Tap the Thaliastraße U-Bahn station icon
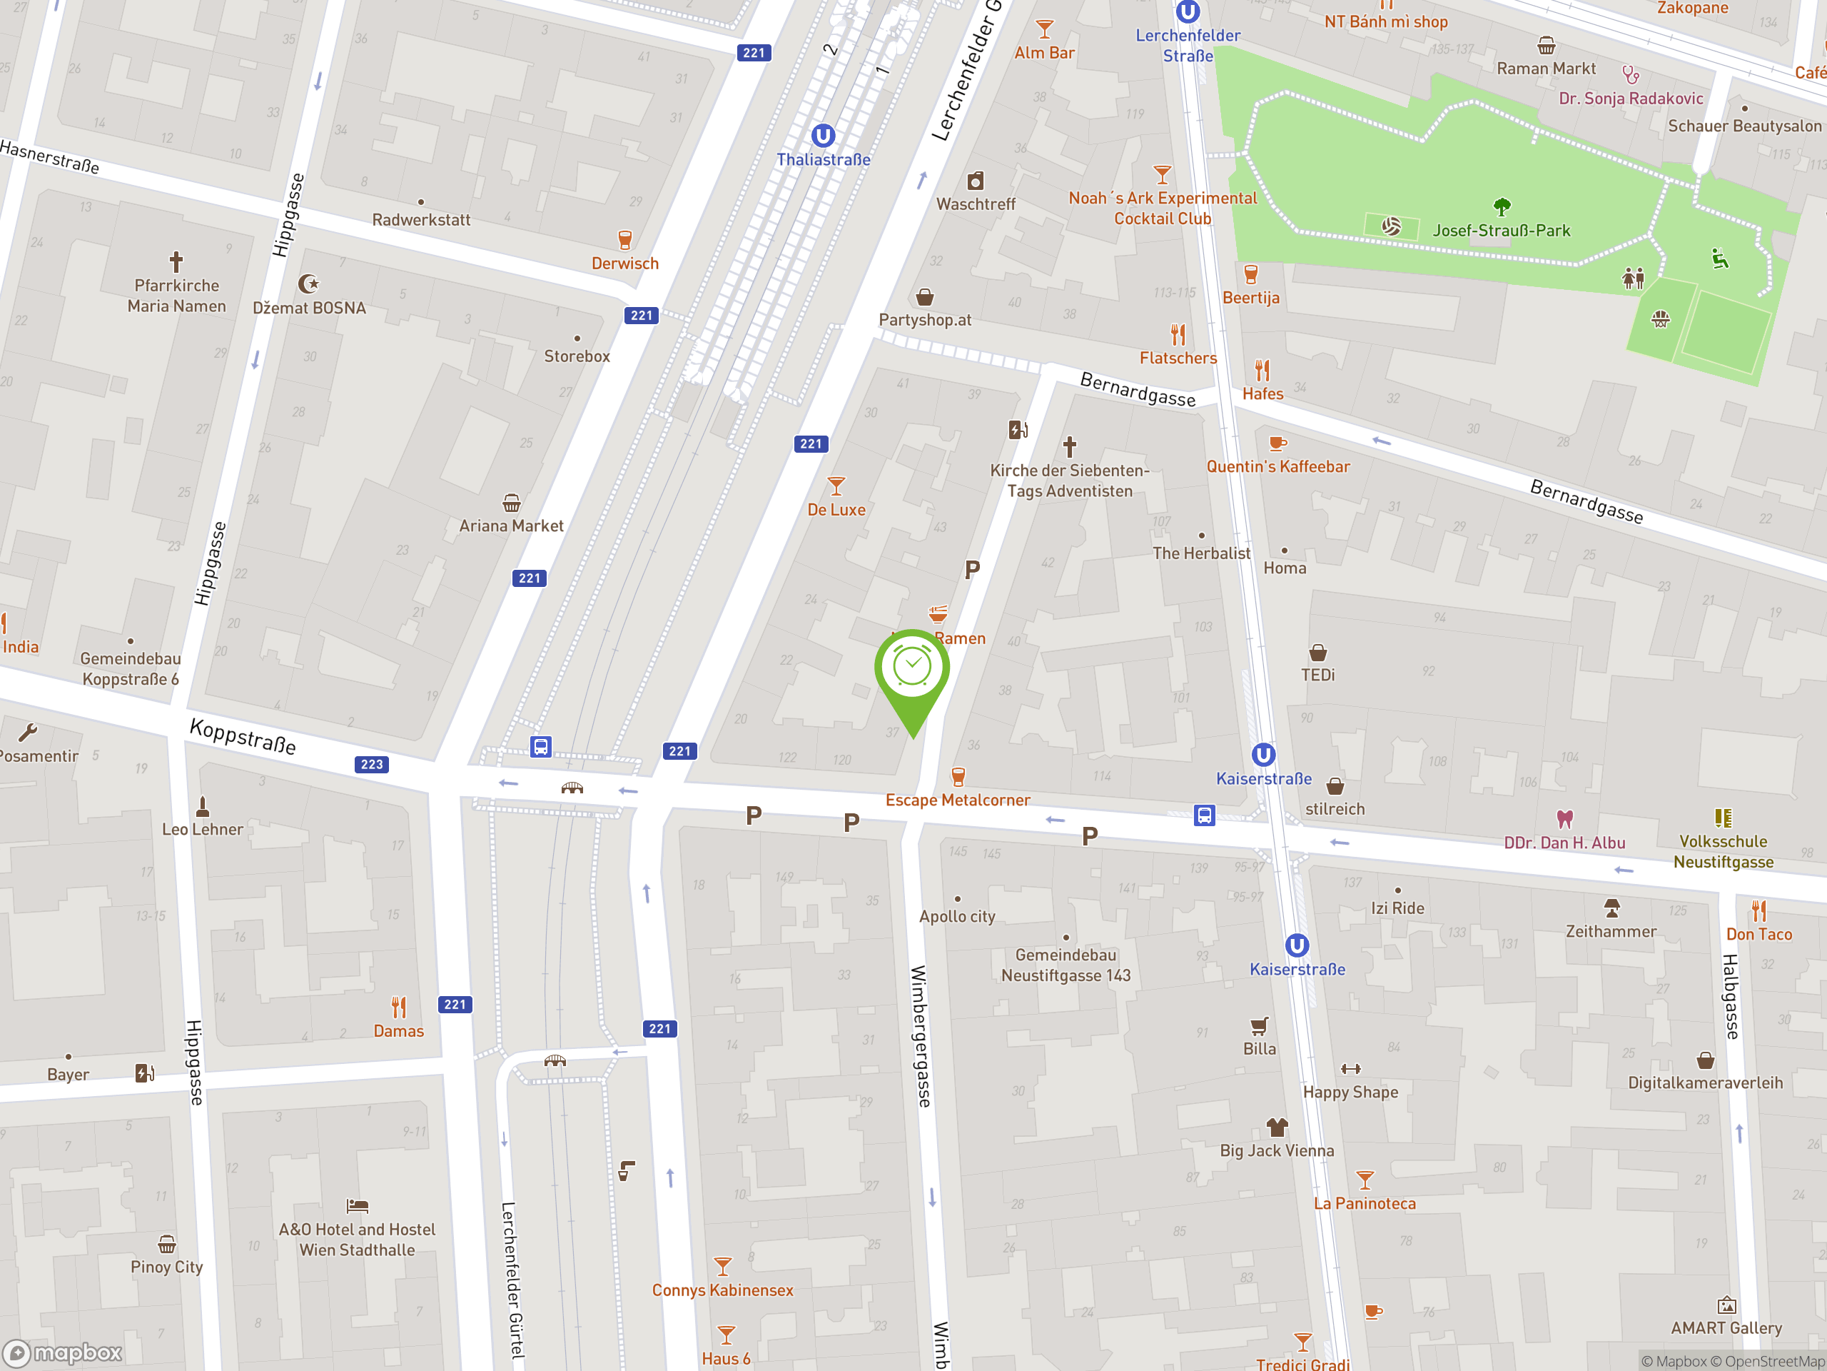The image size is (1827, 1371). [823, 136]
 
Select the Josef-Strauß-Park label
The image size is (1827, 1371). [1501, 231]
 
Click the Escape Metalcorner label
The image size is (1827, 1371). [957, 800]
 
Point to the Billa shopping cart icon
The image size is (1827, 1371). [1259, 1026]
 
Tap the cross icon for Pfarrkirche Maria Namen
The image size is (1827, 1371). [176, 262]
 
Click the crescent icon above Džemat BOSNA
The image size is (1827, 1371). [308, 284]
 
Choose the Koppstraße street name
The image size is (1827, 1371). [243, 735]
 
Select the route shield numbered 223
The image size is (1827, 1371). [372, 765]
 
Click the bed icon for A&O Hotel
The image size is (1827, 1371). [357, 1206]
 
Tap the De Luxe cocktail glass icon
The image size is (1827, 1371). [836, 486]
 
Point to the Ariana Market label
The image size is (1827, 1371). [511, 526]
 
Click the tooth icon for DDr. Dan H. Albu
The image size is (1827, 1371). [1564, 819]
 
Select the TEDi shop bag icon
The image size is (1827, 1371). [1317, 653]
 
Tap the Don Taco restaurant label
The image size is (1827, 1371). [1758, 935]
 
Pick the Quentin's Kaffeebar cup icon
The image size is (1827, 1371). [1277, 443]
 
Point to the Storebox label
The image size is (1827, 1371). [577, 356]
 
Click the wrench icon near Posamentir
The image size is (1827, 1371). [27, 732]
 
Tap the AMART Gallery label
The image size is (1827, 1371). [1726, 1328]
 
